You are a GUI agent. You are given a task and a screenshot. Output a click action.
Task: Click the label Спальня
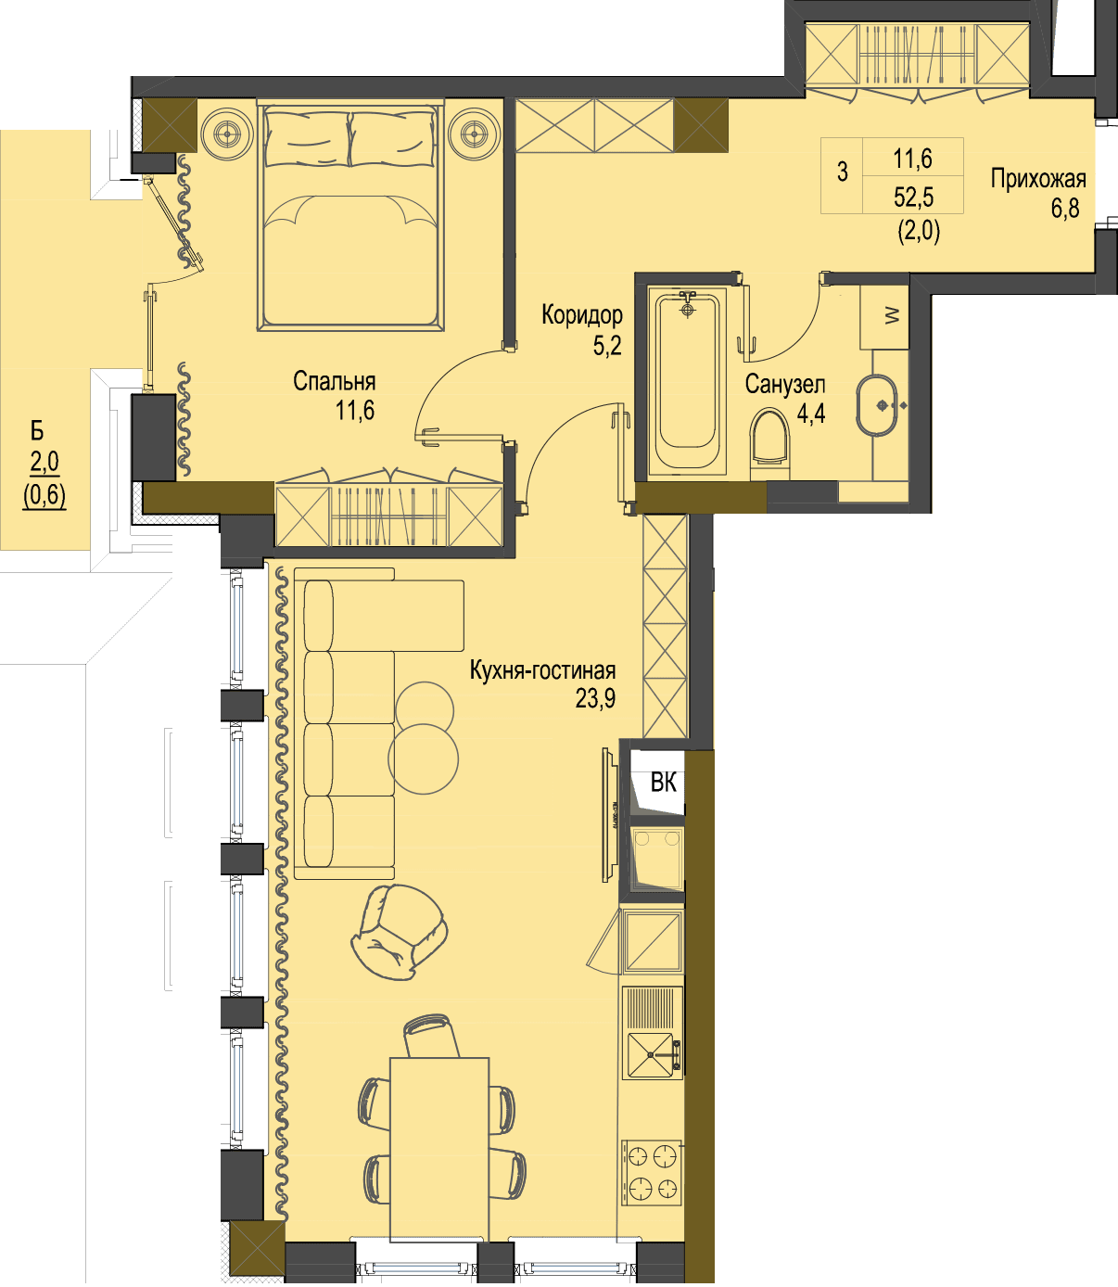pos(334,382)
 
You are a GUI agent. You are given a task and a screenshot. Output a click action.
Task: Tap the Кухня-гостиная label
pos(542,670)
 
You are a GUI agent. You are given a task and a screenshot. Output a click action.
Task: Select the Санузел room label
pos(785,385)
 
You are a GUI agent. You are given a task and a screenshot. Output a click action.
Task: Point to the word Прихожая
pos(1038,179)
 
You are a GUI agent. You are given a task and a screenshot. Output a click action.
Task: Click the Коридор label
pos(582,314)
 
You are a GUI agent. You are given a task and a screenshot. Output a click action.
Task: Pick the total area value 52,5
pos(914,198)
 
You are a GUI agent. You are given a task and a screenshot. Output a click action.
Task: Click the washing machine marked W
pos(884,316)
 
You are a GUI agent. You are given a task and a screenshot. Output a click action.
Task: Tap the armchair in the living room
pos(400,931)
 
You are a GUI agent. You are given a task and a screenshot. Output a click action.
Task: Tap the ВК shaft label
pos(663,784)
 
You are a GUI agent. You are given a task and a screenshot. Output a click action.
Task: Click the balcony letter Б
pos(37,431)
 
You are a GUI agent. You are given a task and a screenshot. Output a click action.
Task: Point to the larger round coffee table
pos(423,758)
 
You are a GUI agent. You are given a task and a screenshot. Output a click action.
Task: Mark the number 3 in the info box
pos(842,172)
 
